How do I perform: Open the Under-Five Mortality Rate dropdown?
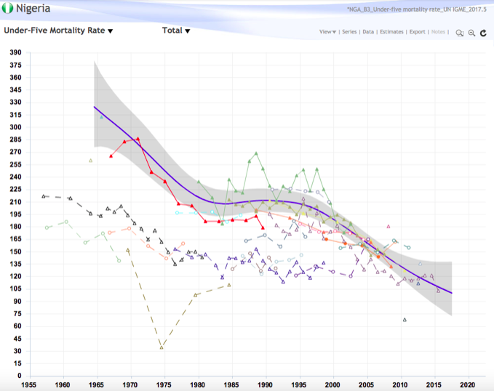click(58, 31)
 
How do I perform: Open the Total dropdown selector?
click(176, 31)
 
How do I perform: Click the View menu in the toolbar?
click(327, 32)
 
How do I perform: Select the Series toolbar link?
click(349, 32)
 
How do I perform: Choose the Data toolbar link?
click(369, 32)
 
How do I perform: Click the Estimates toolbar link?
click(392, 32)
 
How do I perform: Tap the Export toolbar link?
click(417, 32)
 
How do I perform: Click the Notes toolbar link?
click(438, 32)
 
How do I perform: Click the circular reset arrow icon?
click(482, 33)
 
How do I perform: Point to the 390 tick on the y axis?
click(15, 53)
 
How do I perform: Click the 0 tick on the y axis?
click(21, 376)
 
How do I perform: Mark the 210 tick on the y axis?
click(15, 202)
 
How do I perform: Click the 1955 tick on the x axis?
click(29, 385)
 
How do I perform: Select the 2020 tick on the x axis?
click(467, 385)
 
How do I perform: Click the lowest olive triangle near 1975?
click(162, 347)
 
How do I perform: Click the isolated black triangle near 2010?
click(405, 320)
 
